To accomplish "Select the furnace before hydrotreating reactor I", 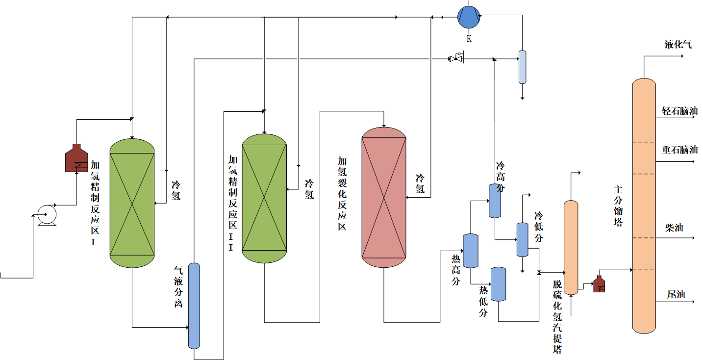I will point(76,158).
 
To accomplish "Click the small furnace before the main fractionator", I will point(599,284).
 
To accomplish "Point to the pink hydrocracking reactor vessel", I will point(384,197).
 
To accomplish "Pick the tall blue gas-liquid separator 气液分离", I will point(195,306).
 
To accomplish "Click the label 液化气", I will point(678,45).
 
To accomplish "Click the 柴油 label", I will point(674,228).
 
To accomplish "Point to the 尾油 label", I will point(676,294).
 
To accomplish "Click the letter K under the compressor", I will point(469,38).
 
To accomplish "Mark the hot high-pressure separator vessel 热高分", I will point(471,251).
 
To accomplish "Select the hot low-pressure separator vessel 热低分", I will point(498,284).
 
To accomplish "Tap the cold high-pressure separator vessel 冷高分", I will point(495,201).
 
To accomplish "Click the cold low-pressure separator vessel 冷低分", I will point(522,240).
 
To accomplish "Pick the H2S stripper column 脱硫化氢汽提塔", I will point(571,247).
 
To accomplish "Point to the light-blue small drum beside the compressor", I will point(523,67).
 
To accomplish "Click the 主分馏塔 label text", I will point(618,206).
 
